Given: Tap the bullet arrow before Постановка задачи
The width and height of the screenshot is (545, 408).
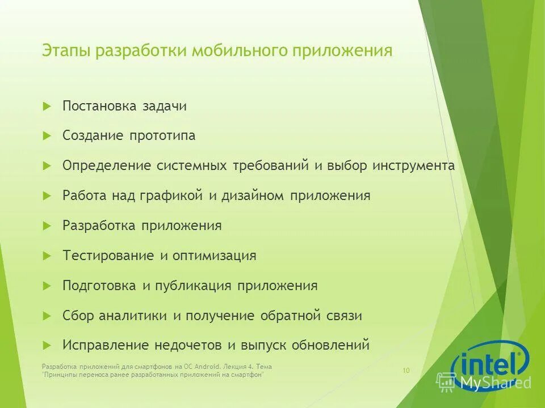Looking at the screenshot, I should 47,105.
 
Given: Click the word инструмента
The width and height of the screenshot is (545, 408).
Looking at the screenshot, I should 413,165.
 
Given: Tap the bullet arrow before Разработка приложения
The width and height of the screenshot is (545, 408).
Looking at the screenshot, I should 47,226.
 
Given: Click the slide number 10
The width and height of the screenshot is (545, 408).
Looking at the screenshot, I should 406,371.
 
